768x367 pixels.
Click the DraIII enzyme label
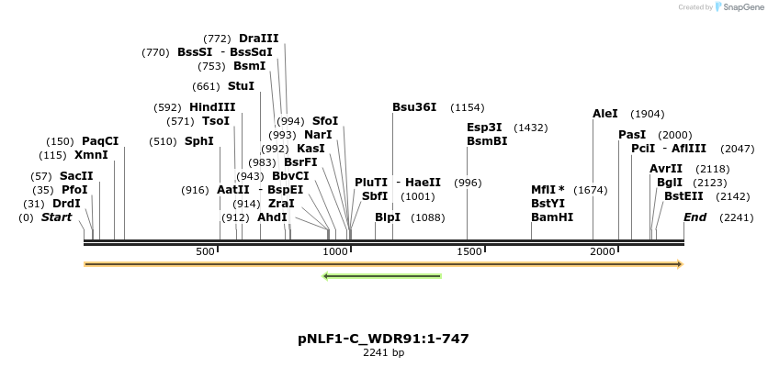coord(258,39)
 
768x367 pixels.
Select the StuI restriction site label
coord(241,86)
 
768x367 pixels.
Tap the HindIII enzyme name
coord(212,107)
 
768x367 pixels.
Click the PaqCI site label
coord(100,141)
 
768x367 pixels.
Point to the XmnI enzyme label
coord(91,155)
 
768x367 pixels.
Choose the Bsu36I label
coord(414,107)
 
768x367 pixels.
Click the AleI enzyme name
coord(605,114)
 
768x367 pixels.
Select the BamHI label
coord(552,217)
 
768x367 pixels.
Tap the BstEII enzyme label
coord(683,196)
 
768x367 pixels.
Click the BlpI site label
coord(388,217)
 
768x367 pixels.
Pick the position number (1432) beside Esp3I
coord(530,128)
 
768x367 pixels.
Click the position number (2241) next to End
coord(736,217)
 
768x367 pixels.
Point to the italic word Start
coord(56,217)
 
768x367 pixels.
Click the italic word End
coord(695,217)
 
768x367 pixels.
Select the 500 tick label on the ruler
coord(206,251)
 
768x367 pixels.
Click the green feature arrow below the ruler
coord(382,275)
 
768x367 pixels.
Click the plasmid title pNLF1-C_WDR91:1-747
coord(383,339)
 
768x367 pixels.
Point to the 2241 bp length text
coord(383,352)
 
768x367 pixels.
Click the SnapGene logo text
coord(742,7)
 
